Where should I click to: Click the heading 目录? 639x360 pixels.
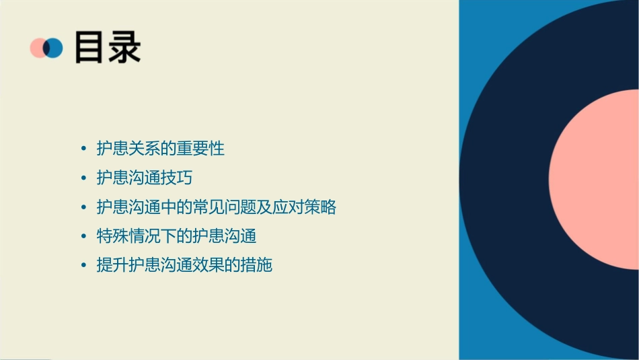coord(108,47)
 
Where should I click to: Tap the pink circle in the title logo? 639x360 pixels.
coord(38,48)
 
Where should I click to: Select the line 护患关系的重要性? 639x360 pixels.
coord(160,148)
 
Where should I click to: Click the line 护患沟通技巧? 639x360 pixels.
coord(145,178)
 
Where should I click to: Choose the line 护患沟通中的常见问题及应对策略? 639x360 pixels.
coord(216,207)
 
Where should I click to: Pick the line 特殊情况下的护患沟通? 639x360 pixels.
coord(176,236)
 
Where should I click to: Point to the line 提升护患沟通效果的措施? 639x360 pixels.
coord(184,265)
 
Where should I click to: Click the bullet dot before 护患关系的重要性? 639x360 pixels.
coord(83,149)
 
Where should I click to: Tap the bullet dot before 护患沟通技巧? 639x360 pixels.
coord(83,178)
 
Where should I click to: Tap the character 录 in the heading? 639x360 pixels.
coord(124,47)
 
